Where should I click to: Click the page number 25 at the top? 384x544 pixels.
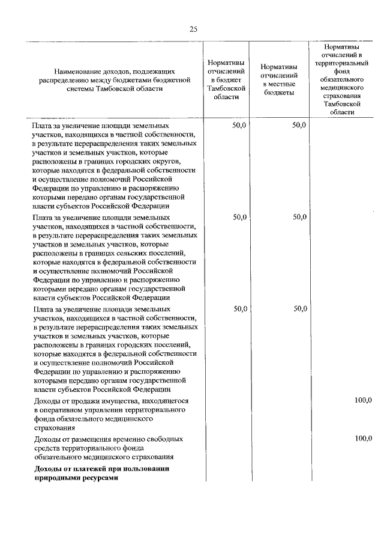point(193,29)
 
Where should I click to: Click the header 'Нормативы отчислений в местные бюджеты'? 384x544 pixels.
point(277,80)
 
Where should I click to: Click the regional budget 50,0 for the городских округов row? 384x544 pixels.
point(239,125)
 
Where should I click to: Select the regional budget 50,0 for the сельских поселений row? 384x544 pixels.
point(239,217)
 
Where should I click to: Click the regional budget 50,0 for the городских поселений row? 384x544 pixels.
point(239,308)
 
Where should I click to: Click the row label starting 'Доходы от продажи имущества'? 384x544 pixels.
point(111,400)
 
